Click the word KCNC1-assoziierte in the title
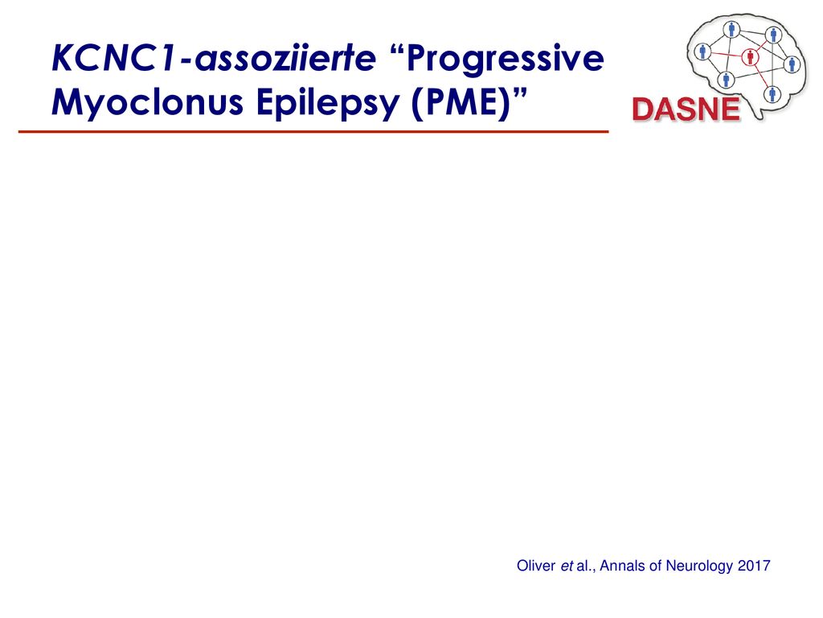(214, 58)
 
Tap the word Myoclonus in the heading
(148, 102)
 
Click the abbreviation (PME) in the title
(461, 103)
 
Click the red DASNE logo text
(686, 109)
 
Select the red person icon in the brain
(751, 57)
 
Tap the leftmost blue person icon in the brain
(702, 51)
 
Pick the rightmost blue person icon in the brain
(792, 64)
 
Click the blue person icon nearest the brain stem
(772, 95)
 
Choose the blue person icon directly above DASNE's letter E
(726, 80)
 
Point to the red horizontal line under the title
(313, 131)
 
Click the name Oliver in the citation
(536, 566)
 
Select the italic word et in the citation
(567, 566)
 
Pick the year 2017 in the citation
(754, 566)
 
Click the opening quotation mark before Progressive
(398, 51)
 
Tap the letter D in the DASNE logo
(643, 109)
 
